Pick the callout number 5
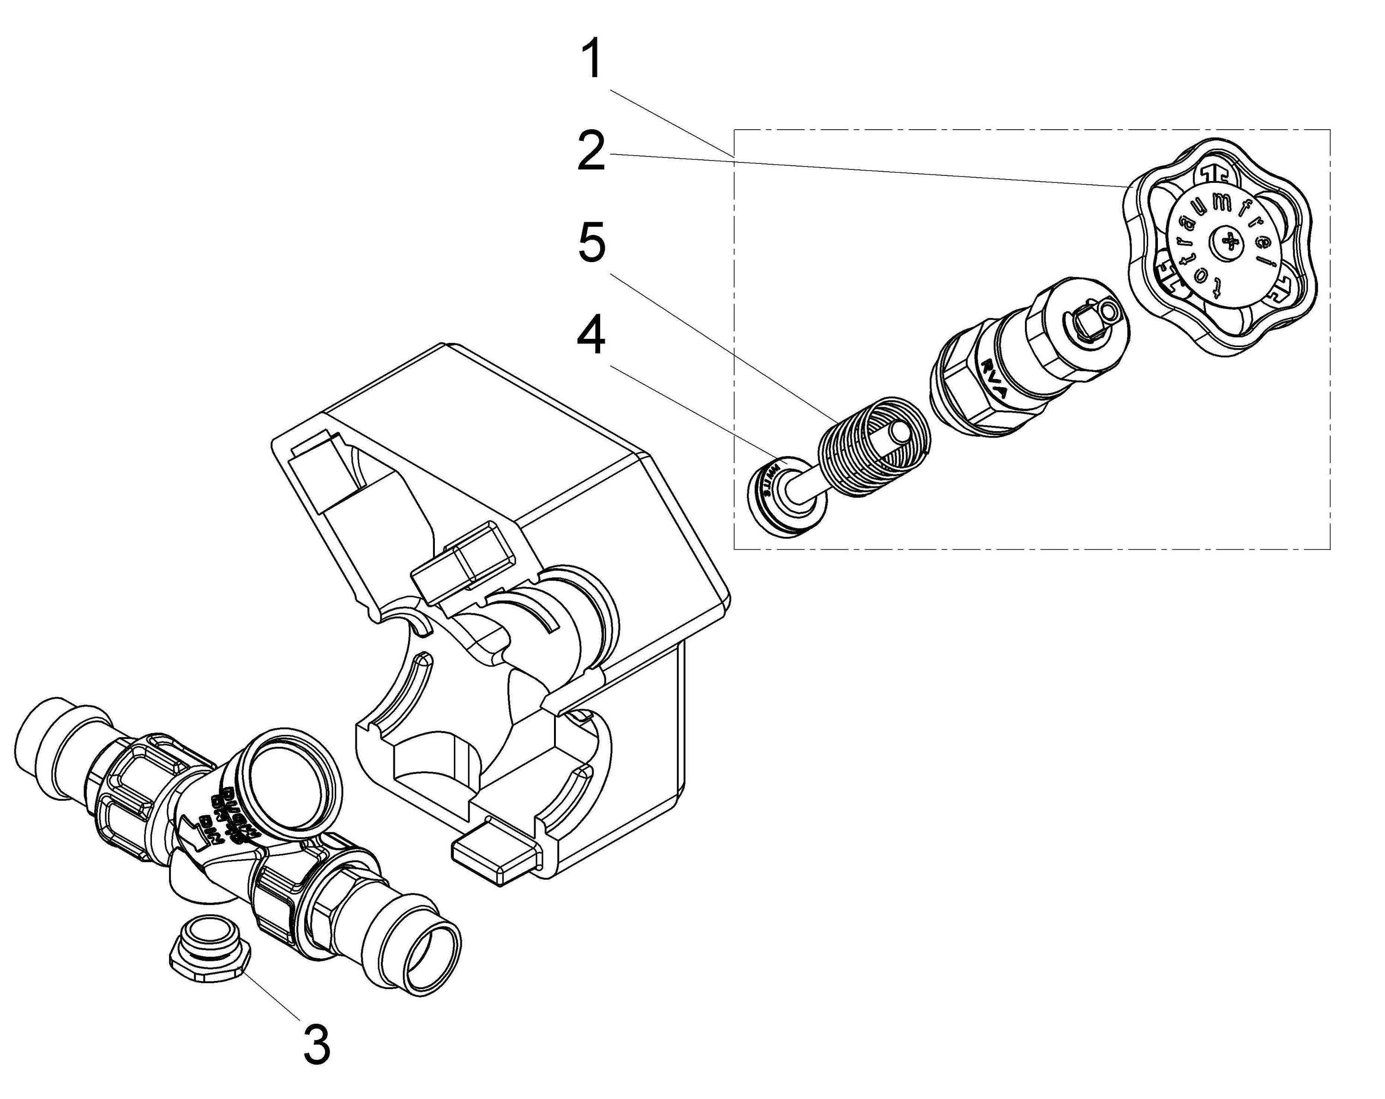tap(591, 243)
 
